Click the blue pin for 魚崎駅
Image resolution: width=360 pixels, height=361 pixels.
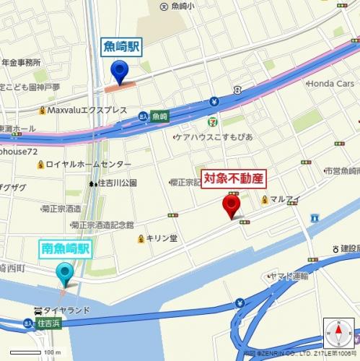(x=120, y=71)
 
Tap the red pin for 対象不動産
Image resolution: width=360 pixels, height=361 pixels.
(x=232, y=205)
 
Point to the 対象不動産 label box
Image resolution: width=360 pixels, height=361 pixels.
(x=234, y=177)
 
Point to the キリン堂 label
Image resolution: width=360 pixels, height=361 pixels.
(x=162, y=238)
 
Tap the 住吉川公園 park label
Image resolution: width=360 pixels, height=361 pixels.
(x=118, y=183)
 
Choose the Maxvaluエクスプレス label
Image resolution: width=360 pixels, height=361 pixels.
(x=87, y=110)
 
